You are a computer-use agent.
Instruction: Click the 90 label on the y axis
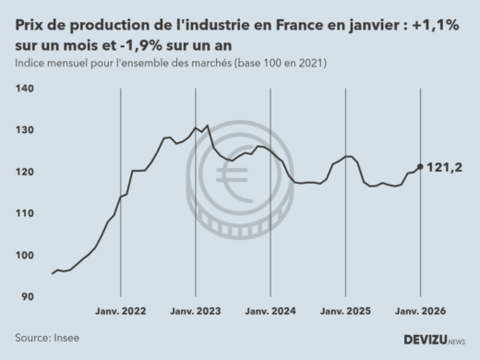point(28,296)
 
